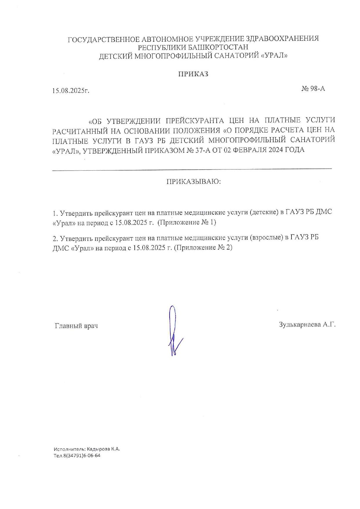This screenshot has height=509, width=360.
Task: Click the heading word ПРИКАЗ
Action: click(x=193, y=74)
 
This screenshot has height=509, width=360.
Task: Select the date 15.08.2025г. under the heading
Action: click(x=71, y=91)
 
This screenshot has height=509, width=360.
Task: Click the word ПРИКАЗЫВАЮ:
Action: click(x=194, y=182)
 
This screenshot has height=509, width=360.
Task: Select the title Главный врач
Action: click(x=76, y=326)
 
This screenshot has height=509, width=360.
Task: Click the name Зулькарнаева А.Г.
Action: click(x=307, y=325)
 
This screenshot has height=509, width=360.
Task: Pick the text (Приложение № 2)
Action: click(x=203, y=248)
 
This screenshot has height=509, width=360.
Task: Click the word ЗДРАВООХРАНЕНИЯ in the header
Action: click(x=282, y=39)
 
